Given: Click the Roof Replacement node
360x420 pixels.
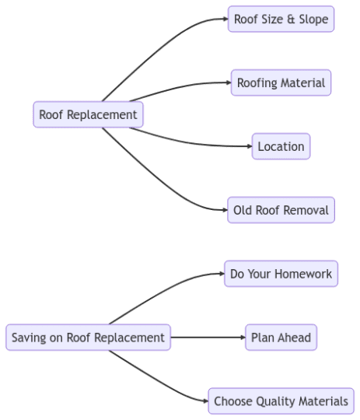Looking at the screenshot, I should pyautogui.click(x=88, y=115).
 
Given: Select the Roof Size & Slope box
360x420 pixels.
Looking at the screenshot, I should pyautogui.click(x=281, y=19).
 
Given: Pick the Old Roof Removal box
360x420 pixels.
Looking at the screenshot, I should pyautogui.click(x=281, y=210).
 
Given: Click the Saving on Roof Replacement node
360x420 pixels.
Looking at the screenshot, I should pyautogui.click(x=88, y=338).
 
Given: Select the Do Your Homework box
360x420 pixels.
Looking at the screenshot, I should pyautogui.click(x=281, y=274).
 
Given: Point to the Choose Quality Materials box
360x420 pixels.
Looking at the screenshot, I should pyautogui.click(x=281, y=401).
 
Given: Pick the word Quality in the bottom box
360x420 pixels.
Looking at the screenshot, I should pyautogui.click(x=273, y=401).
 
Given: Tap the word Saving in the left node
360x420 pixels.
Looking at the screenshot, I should pyautogui.click(x=28, y=338).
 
